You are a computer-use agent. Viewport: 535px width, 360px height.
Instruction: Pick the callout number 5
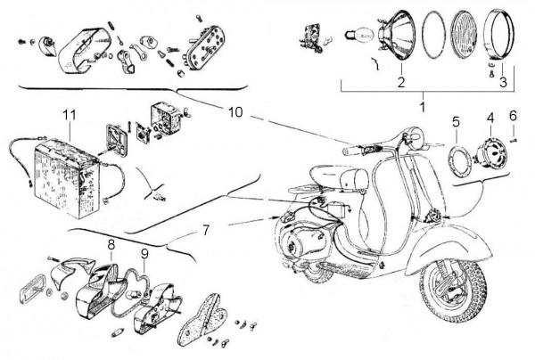[x=456, y=119]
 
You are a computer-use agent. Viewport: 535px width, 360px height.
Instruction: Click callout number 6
[x=513, y=117]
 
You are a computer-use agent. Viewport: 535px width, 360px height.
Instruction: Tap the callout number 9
[x=144, y=252]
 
